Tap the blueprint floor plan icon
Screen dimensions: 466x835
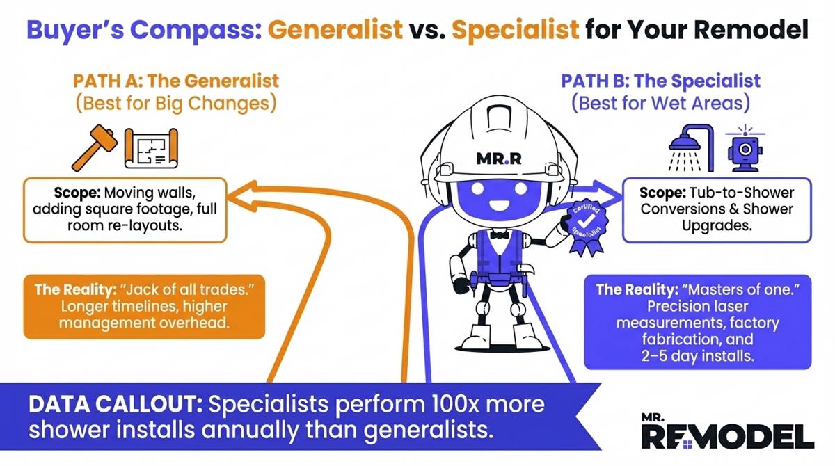point(151,150)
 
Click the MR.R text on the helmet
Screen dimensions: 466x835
point(498,157)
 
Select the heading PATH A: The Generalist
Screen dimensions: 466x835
point(175,80)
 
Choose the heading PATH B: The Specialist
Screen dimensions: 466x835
point(660,80)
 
